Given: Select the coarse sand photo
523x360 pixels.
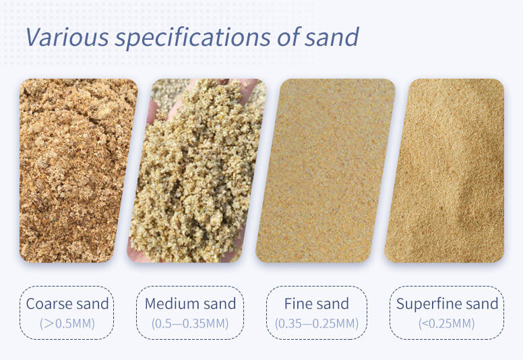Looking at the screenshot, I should tap(78, 171).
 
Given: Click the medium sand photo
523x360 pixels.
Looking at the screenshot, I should tap(197, 171).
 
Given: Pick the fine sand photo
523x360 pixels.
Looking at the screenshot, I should tap(326, 171).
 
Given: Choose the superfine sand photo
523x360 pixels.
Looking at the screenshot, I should tap(445, 171).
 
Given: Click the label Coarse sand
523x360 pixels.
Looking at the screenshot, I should tap(67, 303).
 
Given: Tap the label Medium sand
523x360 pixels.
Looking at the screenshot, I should tap(190, 303).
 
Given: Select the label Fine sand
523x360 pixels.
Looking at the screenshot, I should tap(317, 303).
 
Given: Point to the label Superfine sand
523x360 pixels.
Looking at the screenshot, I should tap(447, 303).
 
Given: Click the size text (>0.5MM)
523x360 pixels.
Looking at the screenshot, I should tap(67, 324).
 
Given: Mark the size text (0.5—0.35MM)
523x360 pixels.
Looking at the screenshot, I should tap(190, 324).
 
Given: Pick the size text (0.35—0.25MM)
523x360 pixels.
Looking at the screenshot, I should tap(317, 324).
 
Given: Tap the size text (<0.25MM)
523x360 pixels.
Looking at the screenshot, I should tap(447, 324).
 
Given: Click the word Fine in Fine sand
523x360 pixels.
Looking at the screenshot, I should tap(299, 303).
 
